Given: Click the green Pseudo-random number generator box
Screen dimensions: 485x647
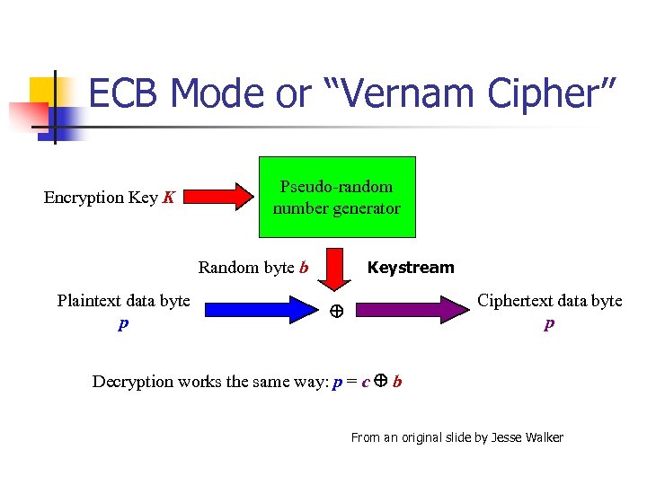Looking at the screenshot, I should [337, 197].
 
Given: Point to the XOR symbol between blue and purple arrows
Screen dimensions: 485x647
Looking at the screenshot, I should [335, 312].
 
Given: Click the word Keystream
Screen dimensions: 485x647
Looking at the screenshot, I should [411, 268].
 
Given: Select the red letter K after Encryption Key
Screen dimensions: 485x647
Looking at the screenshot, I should [168, 198].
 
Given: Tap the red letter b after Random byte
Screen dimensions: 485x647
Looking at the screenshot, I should [304, 268].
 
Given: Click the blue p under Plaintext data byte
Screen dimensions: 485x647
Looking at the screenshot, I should [123, 323].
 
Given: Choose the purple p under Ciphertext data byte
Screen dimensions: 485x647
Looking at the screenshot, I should [549, 323].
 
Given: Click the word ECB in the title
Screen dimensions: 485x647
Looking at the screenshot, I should [125, 93].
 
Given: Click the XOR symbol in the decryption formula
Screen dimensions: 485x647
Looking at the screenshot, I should [380, 380].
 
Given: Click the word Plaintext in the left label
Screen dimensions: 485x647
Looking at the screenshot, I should [88, 301].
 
